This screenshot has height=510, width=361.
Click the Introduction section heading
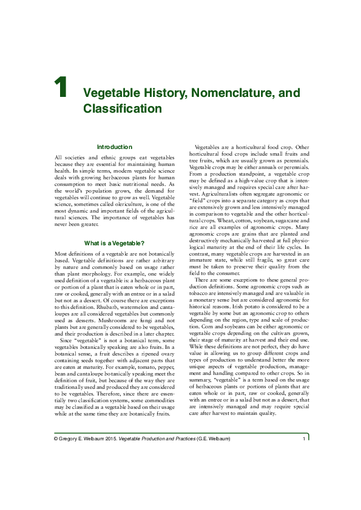(115, 147)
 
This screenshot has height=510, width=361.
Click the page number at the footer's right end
(303, 439)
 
